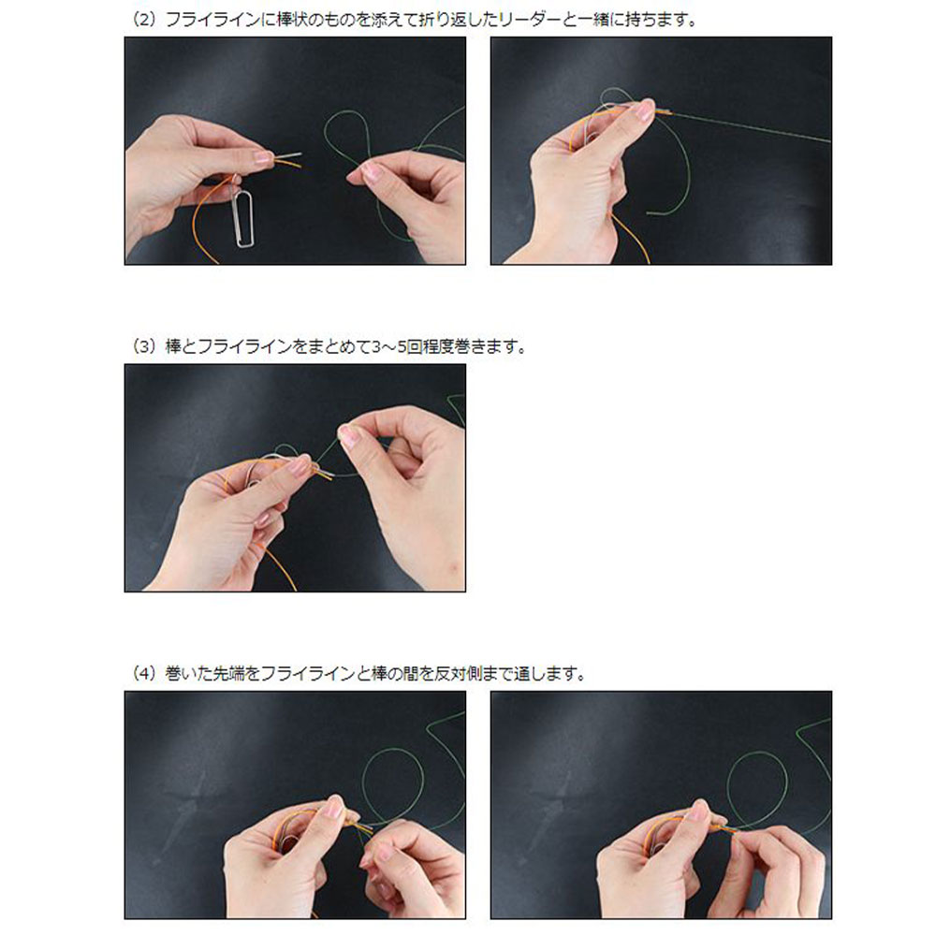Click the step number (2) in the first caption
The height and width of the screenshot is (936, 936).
pyautogui.click(x=143, y=20)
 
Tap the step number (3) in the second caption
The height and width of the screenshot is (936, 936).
pyautogui.click(x=143, y=346)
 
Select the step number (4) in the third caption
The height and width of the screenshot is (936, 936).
pyautogui.click(x=143, y=674)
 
